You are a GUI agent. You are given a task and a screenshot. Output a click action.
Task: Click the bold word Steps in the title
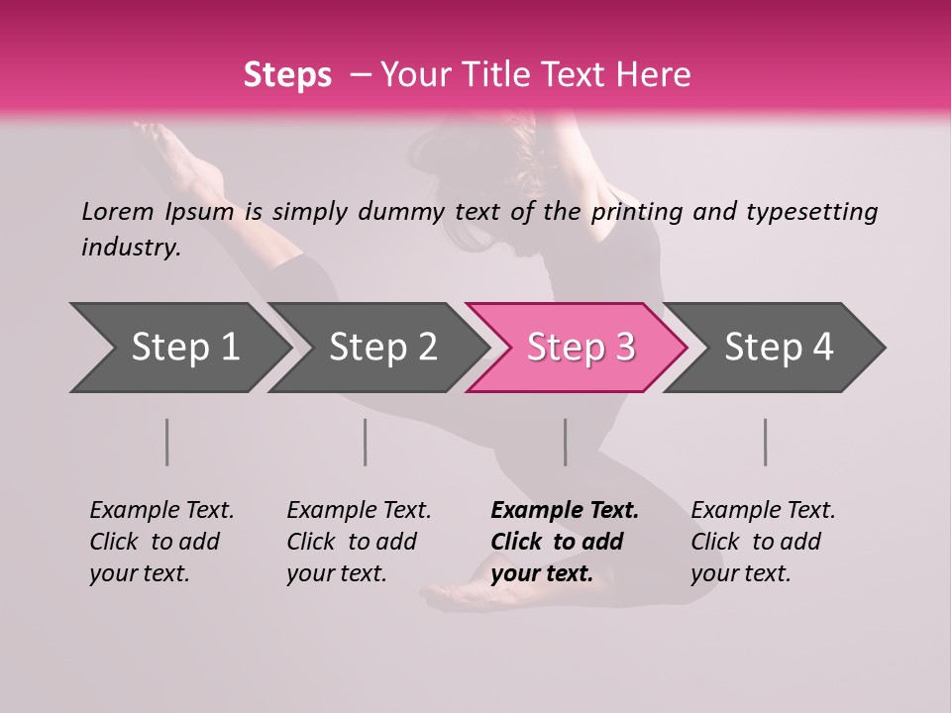(287, 75)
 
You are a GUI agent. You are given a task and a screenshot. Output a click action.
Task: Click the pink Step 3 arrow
(581, 348)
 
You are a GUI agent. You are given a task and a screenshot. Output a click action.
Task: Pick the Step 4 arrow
(779, 348)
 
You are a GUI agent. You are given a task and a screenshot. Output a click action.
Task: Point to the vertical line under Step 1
(167, 442)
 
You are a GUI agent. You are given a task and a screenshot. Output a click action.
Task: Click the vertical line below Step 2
(366, 442)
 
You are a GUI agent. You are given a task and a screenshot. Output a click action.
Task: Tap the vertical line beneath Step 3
(566, 442)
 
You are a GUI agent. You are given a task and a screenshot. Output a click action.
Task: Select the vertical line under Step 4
(766, 442)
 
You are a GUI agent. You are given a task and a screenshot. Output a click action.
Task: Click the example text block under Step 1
(161, 542)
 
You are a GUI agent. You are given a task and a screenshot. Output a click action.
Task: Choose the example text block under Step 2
(359, 542)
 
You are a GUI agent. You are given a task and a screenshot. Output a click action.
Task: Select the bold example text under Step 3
(565, 542)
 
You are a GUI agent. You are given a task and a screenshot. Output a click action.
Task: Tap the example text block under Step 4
(763, 542)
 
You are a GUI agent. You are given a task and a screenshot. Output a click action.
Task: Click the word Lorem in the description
(117, 212)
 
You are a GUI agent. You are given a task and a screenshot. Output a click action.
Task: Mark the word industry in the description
(130, 248)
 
